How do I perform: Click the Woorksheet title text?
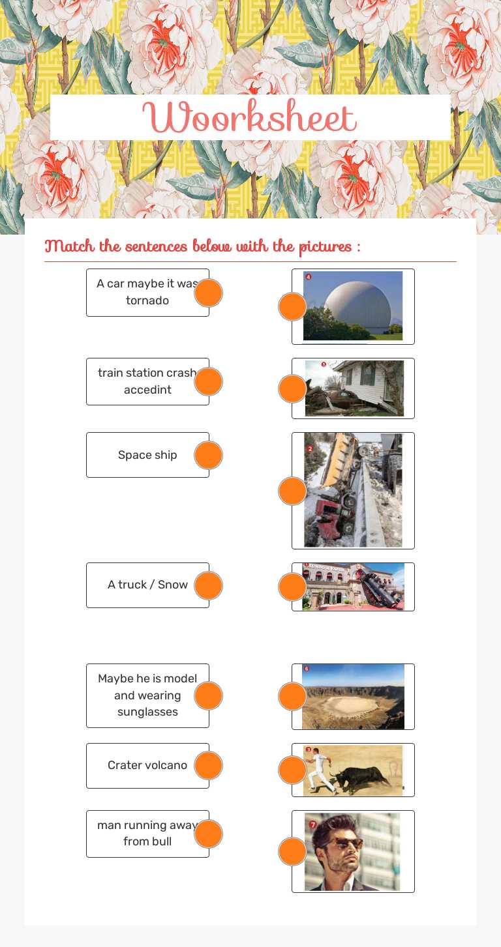[250, 118]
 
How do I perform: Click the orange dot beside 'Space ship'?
[209, 455]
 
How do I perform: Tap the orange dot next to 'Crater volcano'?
[209, 765]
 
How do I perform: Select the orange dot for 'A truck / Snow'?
[209, 585]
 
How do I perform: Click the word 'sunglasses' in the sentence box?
[147, 712]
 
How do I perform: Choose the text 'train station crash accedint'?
[147, 381]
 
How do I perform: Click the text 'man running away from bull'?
[147, 833]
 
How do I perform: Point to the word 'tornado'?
[147, 300]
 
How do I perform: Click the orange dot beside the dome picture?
[292, 306]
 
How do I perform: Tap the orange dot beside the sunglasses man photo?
[292, 851]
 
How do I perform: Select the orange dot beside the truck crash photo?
[292, 491]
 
